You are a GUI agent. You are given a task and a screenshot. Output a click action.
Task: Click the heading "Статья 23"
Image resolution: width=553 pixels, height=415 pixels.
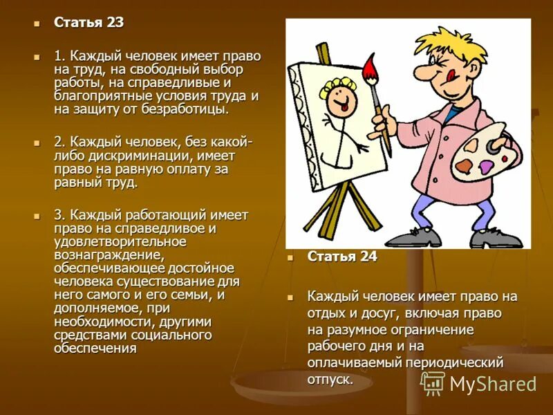[x=89, y=22]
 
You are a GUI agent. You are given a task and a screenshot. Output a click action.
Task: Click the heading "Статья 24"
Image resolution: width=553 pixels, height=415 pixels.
[x=342, y=256]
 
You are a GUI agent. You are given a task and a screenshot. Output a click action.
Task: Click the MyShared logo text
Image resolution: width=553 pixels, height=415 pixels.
[x=492, y=384]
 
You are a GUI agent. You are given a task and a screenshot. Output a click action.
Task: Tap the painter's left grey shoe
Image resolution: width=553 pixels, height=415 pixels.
[x=413, y=237]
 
